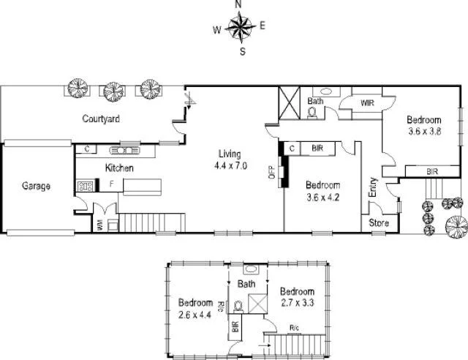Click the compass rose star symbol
pyautogui.click(x=238, y=29)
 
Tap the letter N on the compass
pyautogui.click(x=238, y=5)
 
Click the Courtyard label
pyautogui.click(x=101, y=119)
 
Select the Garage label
pyautogui.click(x=35, y=187)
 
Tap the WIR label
pyautogui.click(x=366, y=104)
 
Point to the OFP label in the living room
pyautogui.click(x=271, y=172)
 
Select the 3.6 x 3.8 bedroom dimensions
pyautogui.click(x=425, y=132)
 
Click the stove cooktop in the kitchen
pyautogui.click(x=85, y=186)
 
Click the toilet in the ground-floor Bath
pyautogui.click(x=312, y=113)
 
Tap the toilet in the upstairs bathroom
pyautogui.click(x=238, y=305)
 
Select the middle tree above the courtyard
pyautogui.click(x=113, y=89)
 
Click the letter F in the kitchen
pyautogui.click(x=112, y=184)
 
